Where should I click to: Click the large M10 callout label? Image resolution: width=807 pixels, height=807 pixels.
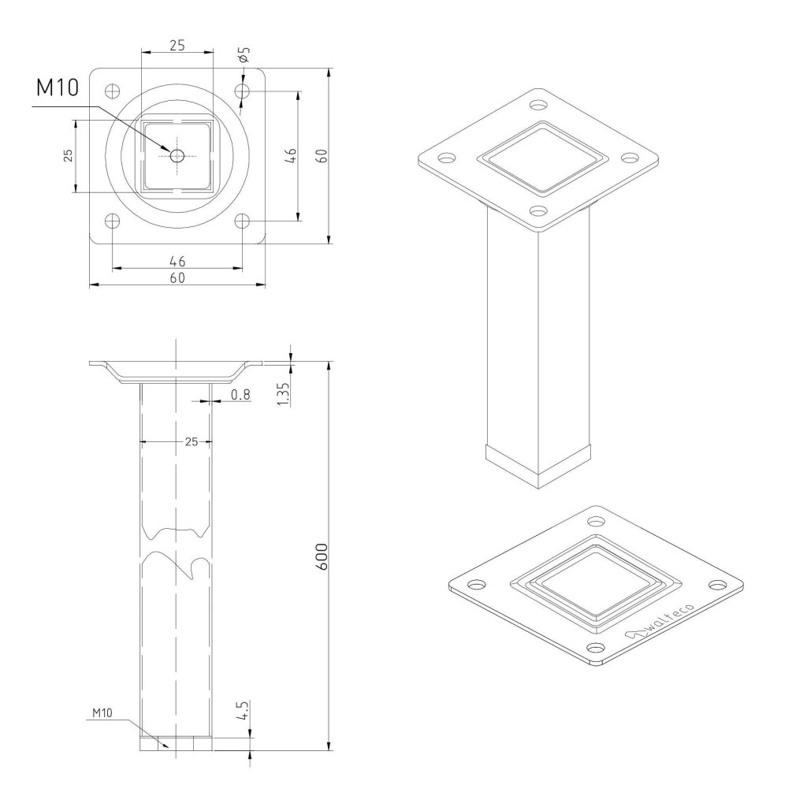pyautogui.click(x=58, y=87)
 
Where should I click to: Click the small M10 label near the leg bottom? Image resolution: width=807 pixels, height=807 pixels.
pyautogui.click(x=102, y=712)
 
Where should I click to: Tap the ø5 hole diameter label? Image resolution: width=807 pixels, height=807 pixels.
pyautogui.click(x=244, y=54)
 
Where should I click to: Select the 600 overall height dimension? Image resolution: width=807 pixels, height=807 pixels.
pyautogui.click(x=322, y=556)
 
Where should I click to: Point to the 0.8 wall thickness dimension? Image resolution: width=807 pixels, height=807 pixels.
pyautogui.click(x=240, y=395)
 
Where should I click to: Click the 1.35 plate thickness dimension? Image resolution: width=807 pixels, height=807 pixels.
pyautogui.click(x=284, y=394)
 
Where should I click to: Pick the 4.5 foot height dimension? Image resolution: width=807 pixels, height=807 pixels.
pyautogui.click(x=244, y=711)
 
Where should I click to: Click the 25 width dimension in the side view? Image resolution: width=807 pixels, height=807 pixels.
pyautogui.click(x=192, y=441)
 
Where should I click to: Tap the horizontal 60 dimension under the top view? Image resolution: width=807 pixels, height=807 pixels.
pyautogui.click(x=177, y=278)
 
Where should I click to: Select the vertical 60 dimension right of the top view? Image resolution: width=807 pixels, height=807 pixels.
pyautogui.click(x=322, y=155)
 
